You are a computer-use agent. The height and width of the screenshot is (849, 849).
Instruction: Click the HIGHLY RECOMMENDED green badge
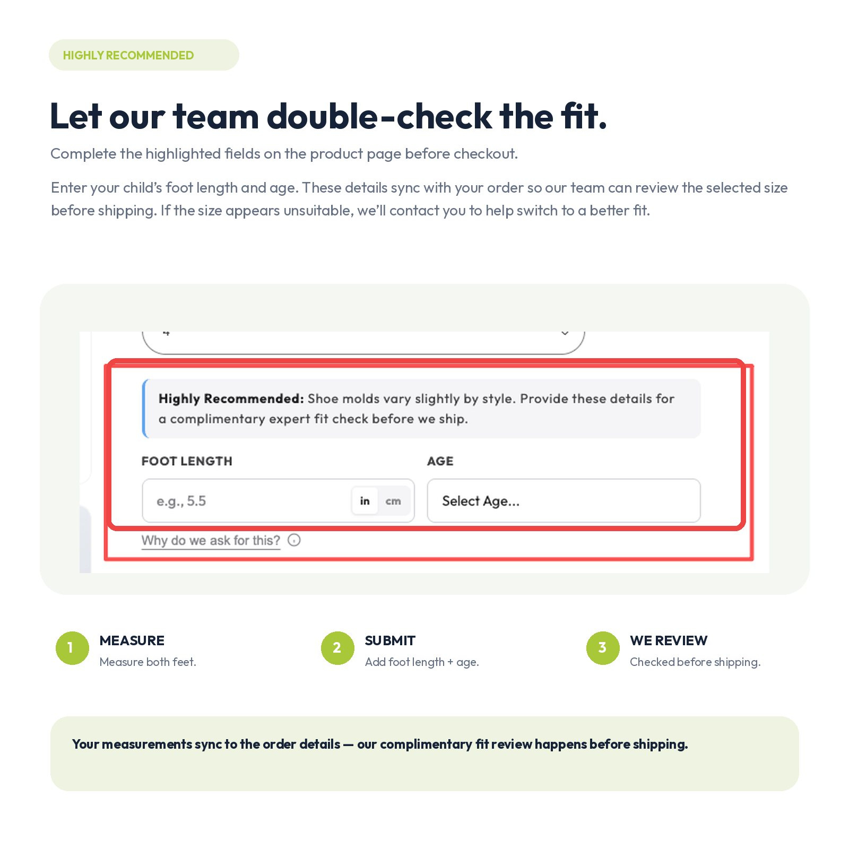pyautogui.click(x=144, y=55)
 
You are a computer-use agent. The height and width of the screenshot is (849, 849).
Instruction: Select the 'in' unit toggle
pyautogui.click(x=365, y=500)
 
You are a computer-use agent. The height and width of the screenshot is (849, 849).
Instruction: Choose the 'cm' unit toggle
pyautogui.click(x=393, y=500)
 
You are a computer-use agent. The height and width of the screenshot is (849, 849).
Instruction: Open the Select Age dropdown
pyautogui.click(x=564, y=500)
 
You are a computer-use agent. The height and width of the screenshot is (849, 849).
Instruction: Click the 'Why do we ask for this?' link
pyautogui.click(x=211, y=540)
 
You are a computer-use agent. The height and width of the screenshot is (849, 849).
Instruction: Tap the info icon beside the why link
pyautogui.click(x=294, y=540)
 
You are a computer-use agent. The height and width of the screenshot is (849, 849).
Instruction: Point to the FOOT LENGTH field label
pyautogui.click(x=187, y=461)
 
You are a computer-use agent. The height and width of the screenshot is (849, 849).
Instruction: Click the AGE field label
pyautogui.click(x=440, y=461)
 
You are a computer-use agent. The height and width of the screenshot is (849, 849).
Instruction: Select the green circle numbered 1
pyautogui.click(x=72, y=648)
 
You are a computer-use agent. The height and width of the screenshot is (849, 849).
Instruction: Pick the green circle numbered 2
pyautogui.click(x=337, y=648)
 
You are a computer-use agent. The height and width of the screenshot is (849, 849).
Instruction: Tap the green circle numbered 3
pyautogui.click(x=603, y=648)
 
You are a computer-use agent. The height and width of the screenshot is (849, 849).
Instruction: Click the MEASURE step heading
pyautogui.click(x=132, y=640)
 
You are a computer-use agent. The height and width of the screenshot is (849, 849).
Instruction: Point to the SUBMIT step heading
pyautogui.click(x=390, y=640)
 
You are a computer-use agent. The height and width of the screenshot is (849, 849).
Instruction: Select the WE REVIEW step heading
pyautogui.click(x=669, y=640)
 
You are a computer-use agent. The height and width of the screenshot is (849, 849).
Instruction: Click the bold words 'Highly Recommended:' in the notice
pyautogui.click(x=231, y=398)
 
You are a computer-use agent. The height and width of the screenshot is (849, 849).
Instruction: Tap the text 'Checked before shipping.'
pyautogui.click(x=695, y=662)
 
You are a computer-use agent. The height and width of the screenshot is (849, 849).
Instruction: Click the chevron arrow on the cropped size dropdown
pyautogui.click(x=565, y=333)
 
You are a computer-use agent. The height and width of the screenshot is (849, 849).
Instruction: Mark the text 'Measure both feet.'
pyautogui.click(x=148, y=662)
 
